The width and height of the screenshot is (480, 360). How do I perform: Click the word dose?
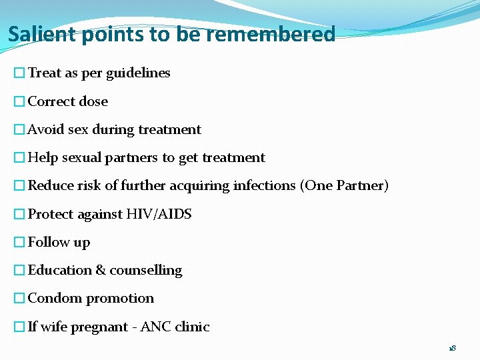93,102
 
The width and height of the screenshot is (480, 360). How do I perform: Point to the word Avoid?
46,130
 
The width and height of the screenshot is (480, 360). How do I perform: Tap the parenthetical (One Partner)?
345,186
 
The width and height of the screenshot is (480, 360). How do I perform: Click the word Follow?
49,242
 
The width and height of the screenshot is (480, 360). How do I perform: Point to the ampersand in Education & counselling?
101,271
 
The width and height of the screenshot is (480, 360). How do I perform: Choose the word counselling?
145,271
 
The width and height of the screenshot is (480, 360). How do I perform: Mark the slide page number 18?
453,348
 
